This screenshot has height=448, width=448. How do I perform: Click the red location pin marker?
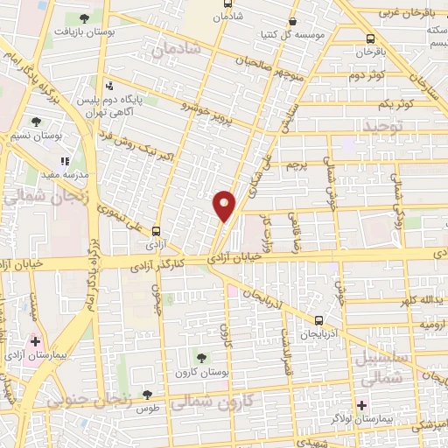click(x=225, y=205)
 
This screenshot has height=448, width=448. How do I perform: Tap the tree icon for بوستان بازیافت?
click(x=84, y=17)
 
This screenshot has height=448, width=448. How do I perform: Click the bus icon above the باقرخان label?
click(x=371, y=38)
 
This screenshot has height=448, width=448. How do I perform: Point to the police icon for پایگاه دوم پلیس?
click(x=108, y=86)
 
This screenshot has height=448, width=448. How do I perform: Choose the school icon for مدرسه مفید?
click(x=64, y=161)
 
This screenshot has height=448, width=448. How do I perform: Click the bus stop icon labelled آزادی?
click(x=157, y=231)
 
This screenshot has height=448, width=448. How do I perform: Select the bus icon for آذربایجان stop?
click(x=318, y=319)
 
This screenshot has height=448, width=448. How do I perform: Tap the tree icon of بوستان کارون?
click(x=203, y=357)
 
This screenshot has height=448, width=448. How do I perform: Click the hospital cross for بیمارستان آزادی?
click(x=35, y=341)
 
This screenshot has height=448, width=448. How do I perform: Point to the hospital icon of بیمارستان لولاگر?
click(x=361, y=404)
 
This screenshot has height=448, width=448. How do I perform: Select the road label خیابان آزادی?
click(x=235, y=258)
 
